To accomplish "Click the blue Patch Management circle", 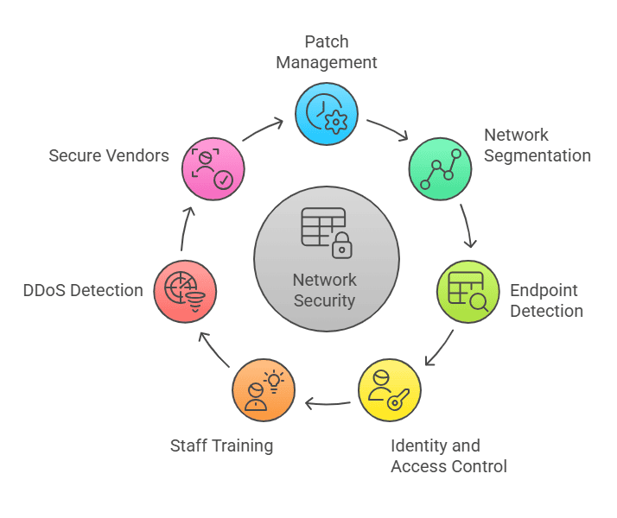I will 326,113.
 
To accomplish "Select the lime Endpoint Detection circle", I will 468,291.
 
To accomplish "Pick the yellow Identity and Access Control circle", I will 389,390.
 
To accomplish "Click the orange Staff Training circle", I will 263,390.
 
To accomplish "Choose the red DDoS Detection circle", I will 185,291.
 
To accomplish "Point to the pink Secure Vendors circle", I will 213,169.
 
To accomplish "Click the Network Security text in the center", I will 325,290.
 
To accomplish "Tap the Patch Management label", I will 328,52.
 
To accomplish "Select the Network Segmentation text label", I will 537,145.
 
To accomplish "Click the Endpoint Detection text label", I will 546,300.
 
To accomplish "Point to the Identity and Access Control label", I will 448,456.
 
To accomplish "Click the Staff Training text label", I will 221,445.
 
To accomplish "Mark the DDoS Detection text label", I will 83,290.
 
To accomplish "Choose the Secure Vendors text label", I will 109,155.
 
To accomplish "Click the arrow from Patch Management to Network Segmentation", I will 388,129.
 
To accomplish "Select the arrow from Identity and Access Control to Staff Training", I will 328,402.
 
